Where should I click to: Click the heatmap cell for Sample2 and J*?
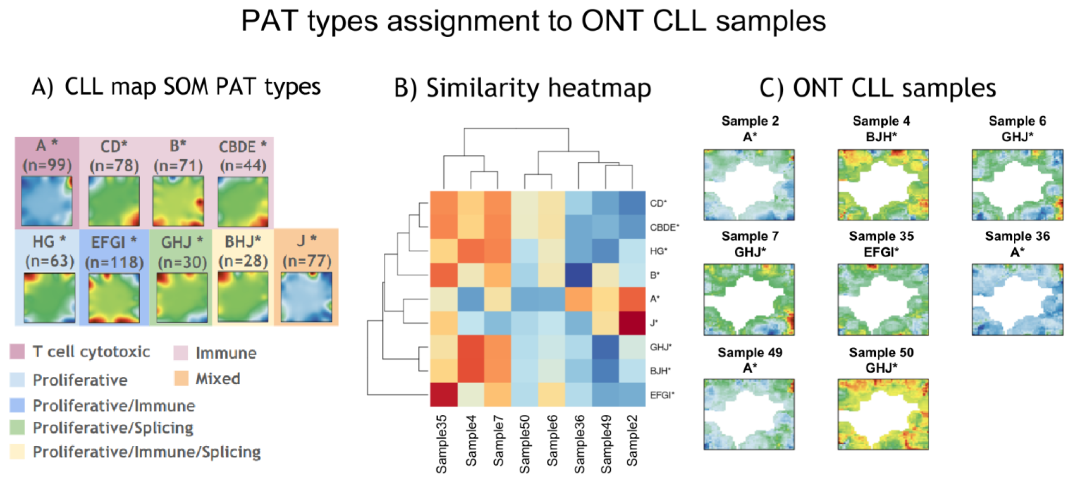pos(632,323)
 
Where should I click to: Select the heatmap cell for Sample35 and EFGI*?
pos(444,395)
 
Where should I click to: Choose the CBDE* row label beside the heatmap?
pos(664,227)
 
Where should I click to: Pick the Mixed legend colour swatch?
pos(182,378)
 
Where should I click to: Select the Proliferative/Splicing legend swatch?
pos(17,428)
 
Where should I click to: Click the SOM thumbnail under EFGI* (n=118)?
pos(114,297)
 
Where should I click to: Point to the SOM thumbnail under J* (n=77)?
pos(307,297)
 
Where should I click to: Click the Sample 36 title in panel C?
pos(1017,236)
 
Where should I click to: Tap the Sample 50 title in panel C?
pos(881,352)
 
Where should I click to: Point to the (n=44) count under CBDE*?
pos(243,165)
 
